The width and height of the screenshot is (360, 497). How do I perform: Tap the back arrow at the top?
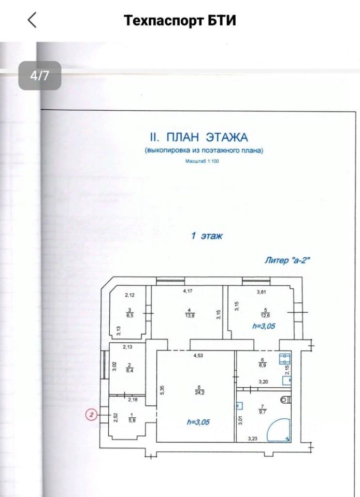(x=32, y=20)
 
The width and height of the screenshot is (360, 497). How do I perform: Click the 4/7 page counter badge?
(x=40, y=76)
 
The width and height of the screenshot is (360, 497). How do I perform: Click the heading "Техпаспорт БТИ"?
(x=180, y=21)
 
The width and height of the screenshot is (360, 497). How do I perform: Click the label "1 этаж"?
(x=206, y=236)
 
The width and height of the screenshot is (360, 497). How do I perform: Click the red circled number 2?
(x=92, y=415)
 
